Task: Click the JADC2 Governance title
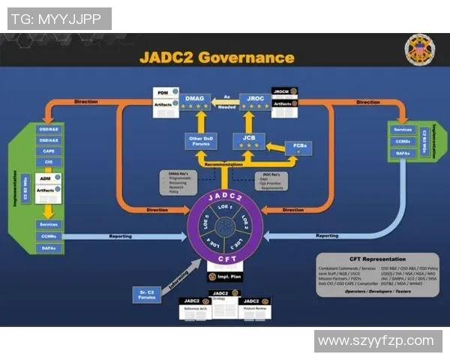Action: click(217, 57)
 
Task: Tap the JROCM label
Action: click(281, 91)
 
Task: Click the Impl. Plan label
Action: click(223, 277)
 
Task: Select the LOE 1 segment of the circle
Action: click(224, 207)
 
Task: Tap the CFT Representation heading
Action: click(377, 259)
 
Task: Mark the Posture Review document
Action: click(256, 307)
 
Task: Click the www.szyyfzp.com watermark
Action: click(378, 341)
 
